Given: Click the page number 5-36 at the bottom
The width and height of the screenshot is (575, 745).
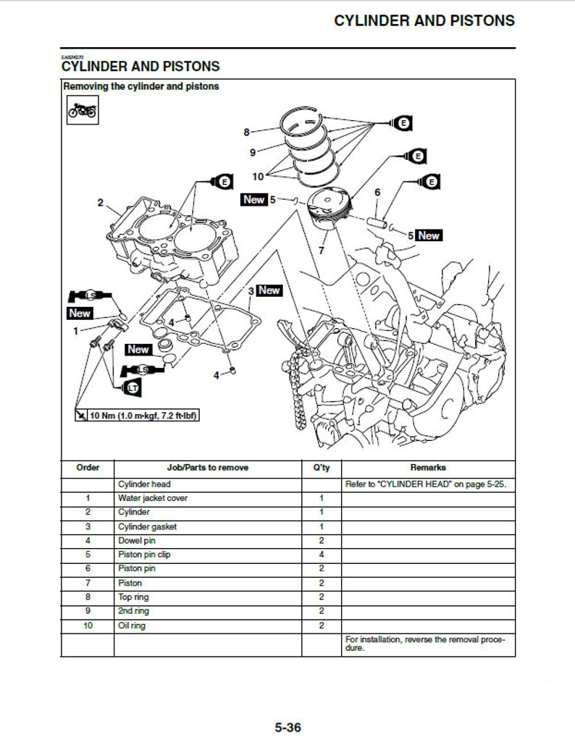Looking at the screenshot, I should [287, 727].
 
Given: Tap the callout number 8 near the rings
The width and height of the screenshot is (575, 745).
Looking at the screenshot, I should [246, 132].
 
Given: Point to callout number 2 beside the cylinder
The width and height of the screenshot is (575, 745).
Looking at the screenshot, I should [101, 203].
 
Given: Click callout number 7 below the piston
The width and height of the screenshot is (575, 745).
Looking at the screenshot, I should [321, 251].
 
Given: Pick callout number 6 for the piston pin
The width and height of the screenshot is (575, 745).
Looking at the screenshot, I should [377, 193].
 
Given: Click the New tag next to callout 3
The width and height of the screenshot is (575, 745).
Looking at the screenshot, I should [269, 290].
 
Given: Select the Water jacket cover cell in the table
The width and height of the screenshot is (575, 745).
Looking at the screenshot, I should [147, 498].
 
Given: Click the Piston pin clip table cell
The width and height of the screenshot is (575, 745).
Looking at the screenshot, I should [144, 555].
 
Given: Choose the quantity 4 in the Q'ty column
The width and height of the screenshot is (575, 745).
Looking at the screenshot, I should [321, 555].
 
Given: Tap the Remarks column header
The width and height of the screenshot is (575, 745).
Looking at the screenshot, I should [428, 468].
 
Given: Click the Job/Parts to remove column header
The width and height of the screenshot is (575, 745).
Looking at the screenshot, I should [208, 468].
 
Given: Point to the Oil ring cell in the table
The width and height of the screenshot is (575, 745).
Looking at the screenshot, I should [132, 626].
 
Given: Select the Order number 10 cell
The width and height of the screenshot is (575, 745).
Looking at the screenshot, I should [88, 626].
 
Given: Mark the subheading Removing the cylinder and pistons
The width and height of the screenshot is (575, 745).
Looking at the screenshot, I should [141, 86].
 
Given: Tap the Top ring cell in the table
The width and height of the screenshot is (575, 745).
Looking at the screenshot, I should [133, 597].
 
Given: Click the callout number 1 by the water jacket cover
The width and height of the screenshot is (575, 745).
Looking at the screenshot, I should [75, 331].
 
